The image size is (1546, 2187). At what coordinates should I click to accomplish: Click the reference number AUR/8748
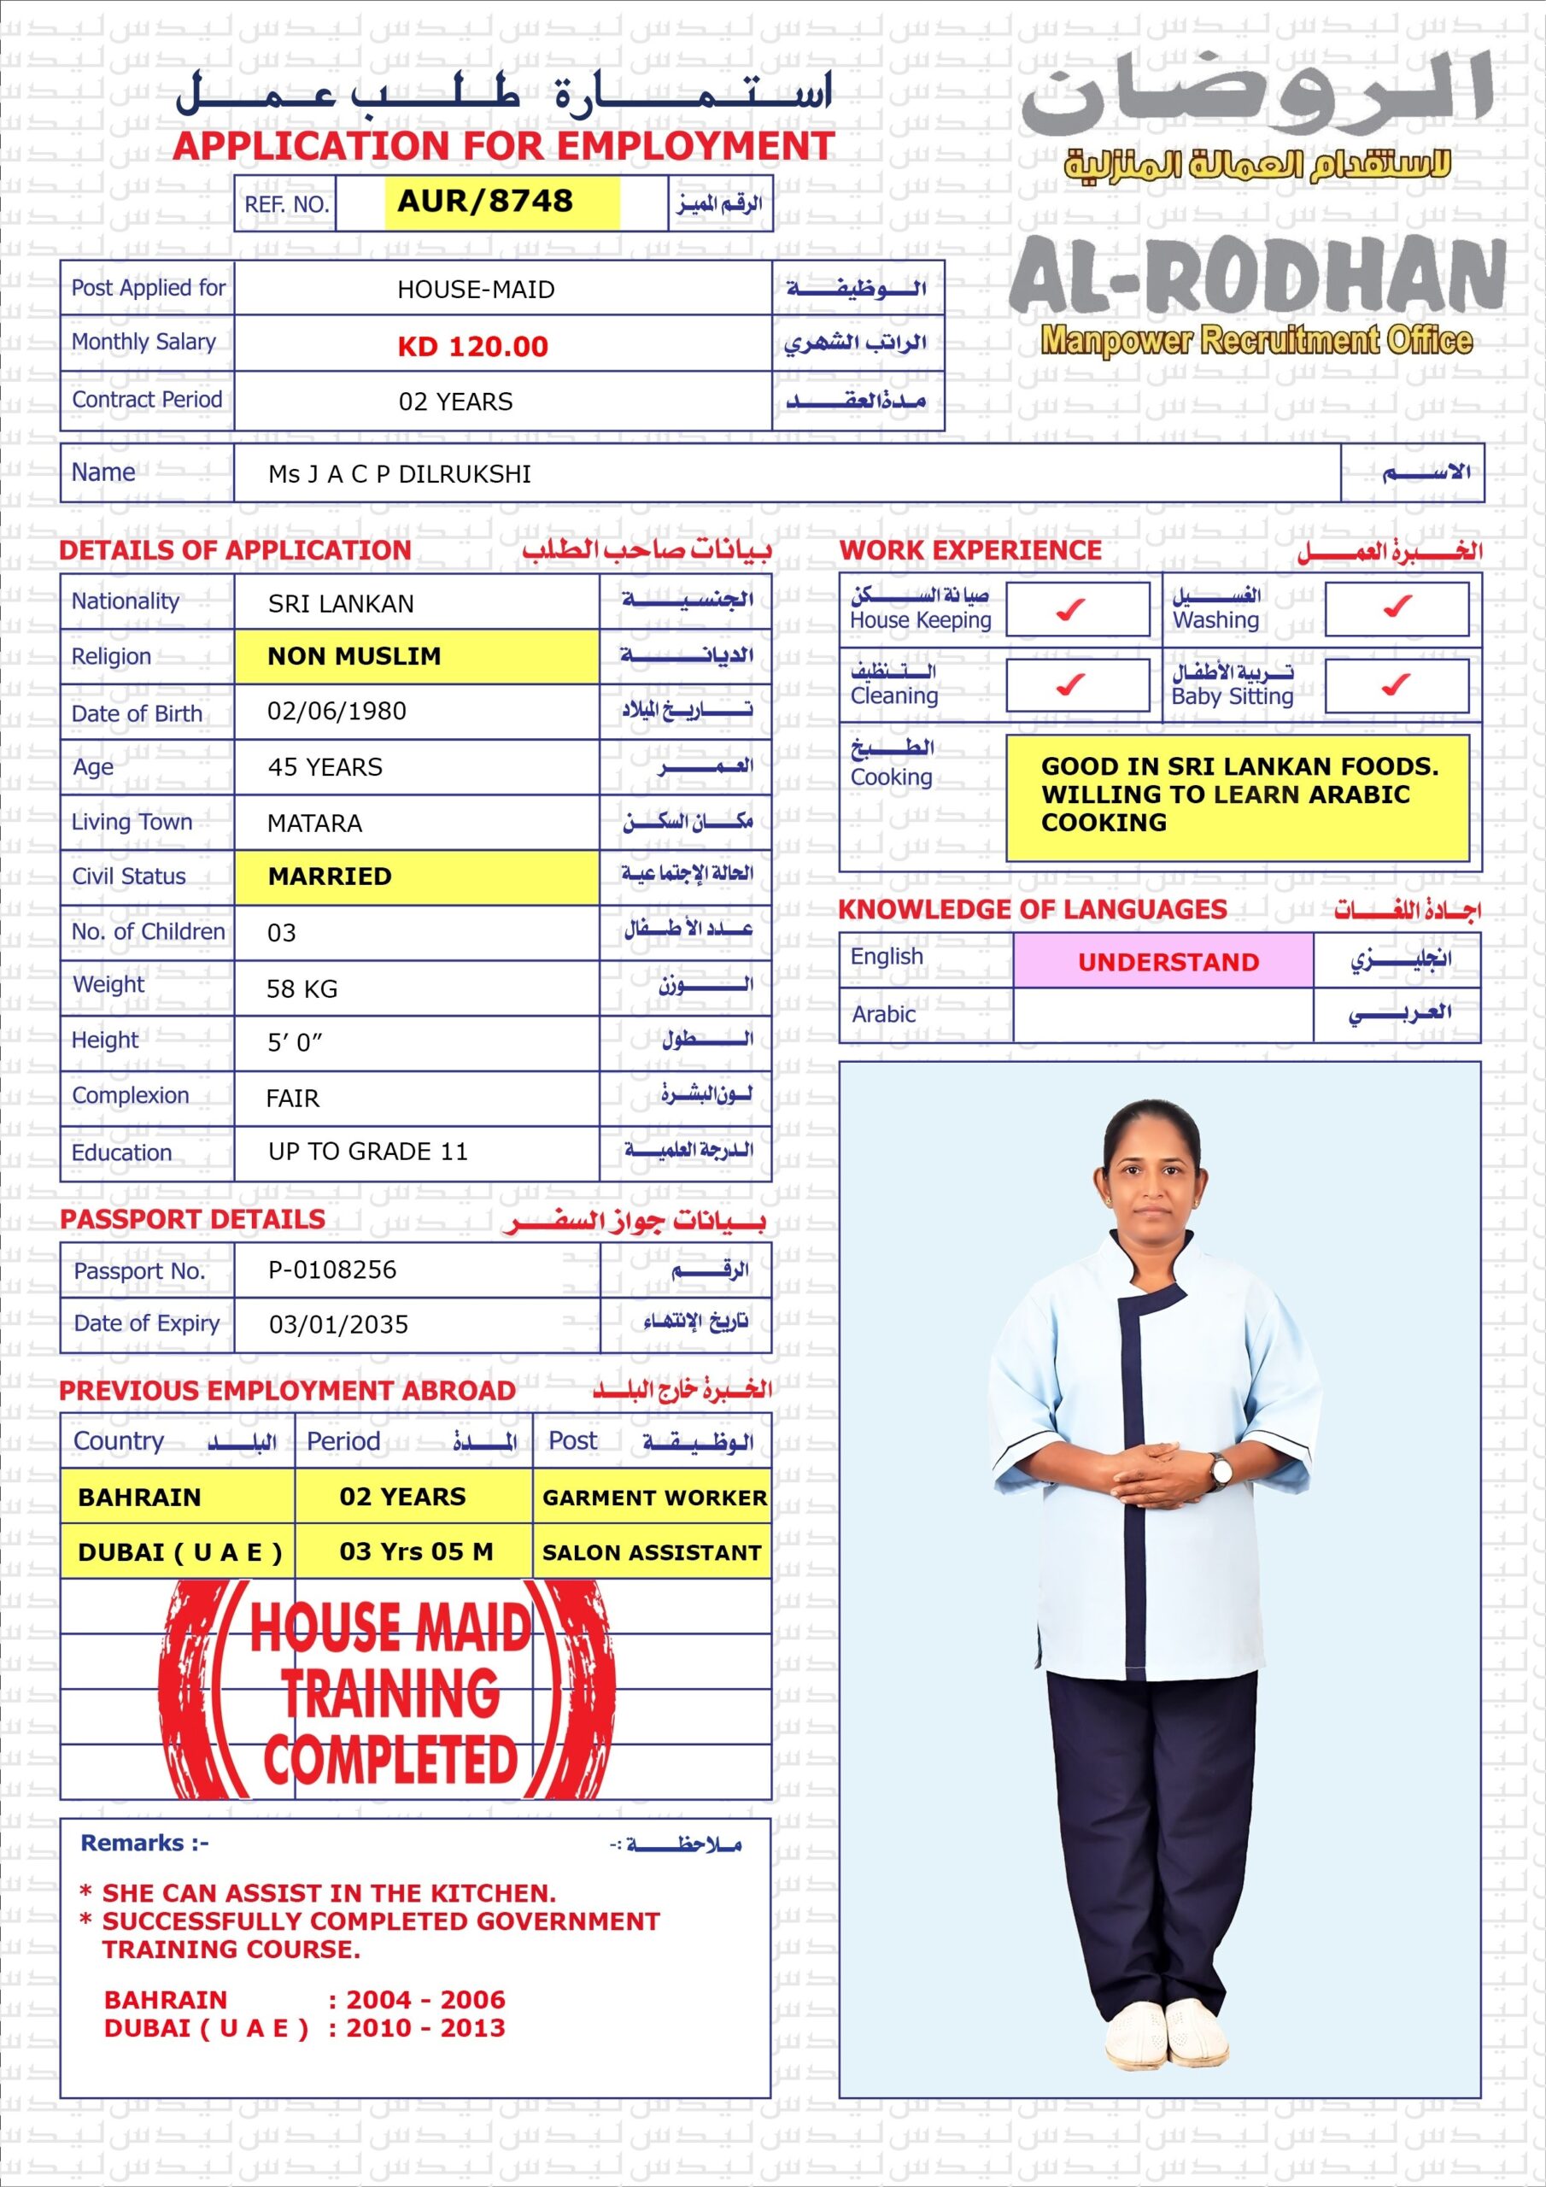485,202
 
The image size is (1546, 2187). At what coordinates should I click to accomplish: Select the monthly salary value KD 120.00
472,346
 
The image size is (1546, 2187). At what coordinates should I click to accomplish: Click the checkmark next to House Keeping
1072,608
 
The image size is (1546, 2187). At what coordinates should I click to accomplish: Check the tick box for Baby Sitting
1396,685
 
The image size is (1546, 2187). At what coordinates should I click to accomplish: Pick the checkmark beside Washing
1397,607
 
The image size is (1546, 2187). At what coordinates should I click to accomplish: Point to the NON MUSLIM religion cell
354,656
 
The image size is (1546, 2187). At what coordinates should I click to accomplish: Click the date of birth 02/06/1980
337,712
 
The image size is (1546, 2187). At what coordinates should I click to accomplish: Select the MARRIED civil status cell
330,877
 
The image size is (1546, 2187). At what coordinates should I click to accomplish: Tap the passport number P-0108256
331,1269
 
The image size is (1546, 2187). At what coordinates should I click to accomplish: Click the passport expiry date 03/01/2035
338,1325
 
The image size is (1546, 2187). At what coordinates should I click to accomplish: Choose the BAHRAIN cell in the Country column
140,1498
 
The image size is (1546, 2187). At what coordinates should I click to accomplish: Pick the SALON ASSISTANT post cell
652,1552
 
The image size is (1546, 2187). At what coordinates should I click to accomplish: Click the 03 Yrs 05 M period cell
416,1551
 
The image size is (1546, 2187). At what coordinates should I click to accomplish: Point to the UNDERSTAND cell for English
1168,962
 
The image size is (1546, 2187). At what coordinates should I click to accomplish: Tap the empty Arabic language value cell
1162,1016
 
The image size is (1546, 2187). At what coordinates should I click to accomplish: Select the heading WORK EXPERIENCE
969,550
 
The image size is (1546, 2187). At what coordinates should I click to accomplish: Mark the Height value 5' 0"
295,1043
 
